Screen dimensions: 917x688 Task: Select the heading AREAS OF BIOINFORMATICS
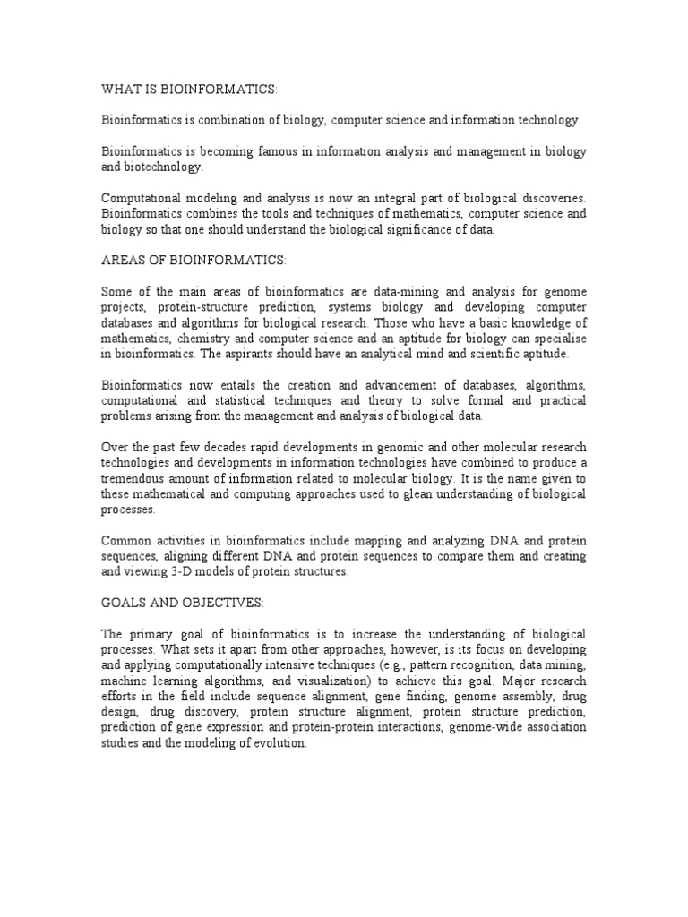coord(193,260)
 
